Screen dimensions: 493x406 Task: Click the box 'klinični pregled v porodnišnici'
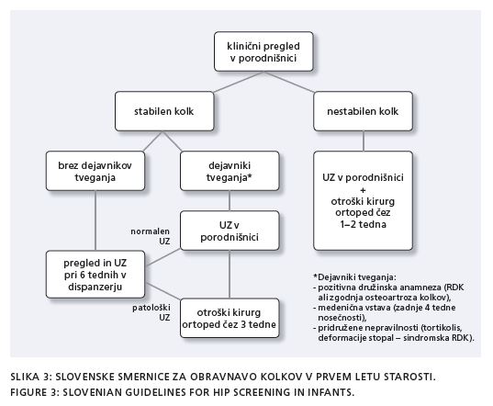[x=263, y=51]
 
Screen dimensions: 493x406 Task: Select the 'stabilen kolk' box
[x=164, y=111]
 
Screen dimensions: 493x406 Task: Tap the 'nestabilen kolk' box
[x=363, y=111]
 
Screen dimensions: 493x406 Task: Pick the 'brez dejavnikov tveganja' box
[x=95, y=171]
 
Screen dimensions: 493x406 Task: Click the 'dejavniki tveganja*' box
[x=230, y=171]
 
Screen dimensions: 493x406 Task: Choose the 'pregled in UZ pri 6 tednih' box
[x=95, y=275]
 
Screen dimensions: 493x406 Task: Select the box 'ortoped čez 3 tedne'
[x=230, y=318]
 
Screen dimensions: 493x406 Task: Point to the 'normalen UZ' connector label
[x=151, y=236]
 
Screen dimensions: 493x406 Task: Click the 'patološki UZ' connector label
[x=151, y=312]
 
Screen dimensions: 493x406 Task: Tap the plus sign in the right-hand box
[x=364, y=190]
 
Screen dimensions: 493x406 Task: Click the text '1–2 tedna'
[x=363, y=224]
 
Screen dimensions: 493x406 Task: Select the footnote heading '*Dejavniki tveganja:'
[x=354, y=277]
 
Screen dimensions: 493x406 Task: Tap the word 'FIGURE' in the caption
[x=28, y=392]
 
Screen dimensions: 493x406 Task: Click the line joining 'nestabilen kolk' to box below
[x=364, y=141]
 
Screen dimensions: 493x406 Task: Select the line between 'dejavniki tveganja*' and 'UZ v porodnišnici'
[x=230, y=200]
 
